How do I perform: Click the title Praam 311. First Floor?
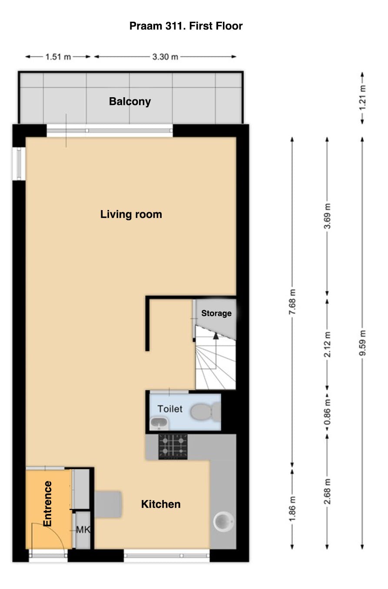click(x=186, y=26)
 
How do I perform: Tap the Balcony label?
click(x=130, y=102)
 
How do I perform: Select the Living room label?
click(x=131, y=214)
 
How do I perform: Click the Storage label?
click(x=216, y=313)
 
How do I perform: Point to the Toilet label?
click(x=170, y=409)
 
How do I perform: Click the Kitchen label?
click(x=161, y=504)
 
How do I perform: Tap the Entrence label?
click(x=47, y=504)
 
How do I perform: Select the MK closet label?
click(x=83, y=530)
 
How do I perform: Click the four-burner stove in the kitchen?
click(x=173, y=447)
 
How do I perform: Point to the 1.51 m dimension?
click(x=58, y=57)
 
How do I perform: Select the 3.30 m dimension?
click(x=165, y=57)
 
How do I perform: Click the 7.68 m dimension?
click(x=292, y=302)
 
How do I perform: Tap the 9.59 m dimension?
click(x=362, y=343)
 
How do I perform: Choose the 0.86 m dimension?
click(x=327, y=412)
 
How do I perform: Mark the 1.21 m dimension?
click(x=362, y=98)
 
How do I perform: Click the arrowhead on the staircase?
click(x=216, y=336)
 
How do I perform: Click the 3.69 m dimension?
click(x=327, y=216)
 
